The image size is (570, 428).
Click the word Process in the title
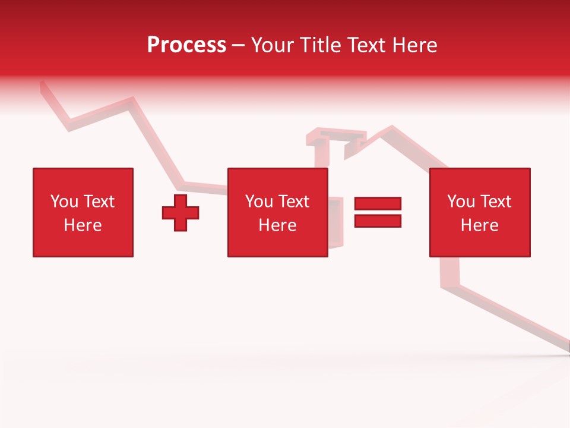[186, 45]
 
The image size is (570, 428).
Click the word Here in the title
[415, 45]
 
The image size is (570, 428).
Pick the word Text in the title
[366, 45]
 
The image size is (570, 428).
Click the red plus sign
[180, 213]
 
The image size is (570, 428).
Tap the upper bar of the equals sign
[378, 204]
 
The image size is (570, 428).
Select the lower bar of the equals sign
[378, 221]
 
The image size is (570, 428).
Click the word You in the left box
[64, 202]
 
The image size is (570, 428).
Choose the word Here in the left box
[83, 225]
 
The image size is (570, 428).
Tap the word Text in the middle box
[294, 202]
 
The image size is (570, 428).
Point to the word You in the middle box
[259, 202]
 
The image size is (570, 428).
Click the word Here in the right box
[479, 225]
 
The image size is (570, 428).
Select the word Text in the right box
[496, 202]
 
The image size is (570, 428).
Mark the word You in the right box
[461, 202]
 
